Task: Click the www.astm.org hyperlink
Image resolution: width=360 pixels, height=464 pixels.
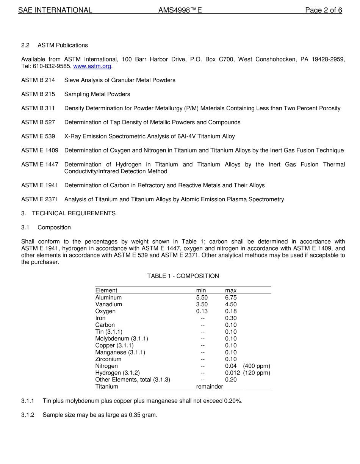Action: point(92,66)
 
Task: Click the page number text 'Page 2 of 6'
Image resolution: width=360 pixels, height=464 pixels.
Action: point(323,10)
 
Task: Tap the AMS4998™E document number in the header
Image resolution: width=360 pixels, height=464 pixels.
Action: point(180,10)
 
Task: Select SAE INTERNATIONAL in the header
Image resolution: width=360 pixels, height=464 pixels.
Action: point(55,10)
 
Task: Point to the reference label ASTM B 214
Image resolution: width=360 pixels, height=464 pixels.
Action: point(38,80)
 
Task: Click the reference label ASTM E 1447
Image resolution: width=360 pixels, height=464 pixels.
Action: point(40,165)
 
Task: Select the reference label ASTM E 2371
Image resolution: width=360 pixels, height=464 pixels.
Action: point(40,199)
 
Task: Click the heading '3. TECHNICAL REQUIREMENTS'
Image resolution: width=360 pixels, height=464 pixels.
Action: point(68,213)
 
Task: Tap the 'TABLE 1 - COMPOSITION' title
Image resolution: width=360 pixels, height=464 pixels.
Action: point(183,276)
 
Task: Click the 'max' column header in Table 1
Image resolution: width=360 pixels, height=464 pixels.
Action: point(231,290)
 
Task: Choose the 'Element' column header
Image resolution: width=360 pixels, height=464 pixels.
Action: point(106,290)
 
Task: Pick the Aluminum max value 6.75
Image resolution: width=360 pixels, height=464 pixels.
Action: point(231,298)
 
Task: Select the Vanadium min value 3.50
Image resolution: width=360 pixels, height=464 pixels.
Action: point(202,304)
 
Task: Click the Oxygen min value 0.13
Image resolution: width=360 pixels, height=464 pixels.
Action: point(202,311)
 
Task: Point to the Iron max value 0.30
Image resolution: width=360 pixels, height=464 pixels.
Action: point(231,318)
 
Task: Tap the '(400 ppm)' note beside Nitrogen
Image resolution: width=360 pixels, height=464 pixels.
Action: point(257,366)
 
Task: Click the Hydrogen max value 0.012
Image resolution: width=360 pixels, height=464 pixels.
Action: point(232,373)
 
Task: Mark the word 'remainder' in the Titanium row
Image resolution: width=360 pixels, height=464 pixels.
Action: point(210,386)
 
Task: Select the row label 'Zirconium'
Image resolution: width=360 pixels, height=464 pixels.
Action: point(108,359)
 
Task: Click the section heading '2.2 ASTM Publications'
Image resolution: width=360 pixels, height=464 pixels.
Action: point(55,45)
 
